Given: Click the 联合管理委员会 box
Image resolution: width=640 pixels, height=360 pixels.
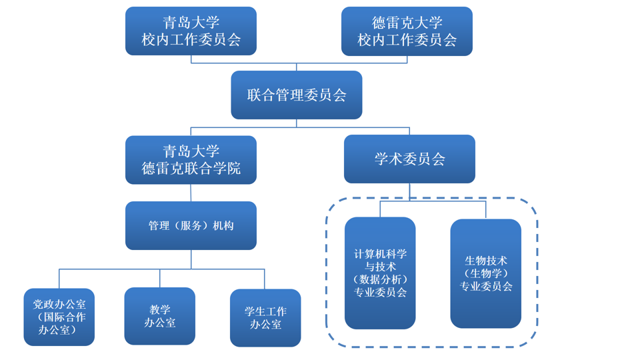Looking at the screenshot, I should click(297, 95).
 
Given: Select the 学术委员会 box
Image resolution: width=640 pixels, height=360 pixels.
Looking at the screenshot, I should click(409, 159).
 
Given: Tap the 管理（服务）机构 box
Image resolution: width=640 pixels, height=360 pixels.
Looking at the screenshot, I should click(191, 225).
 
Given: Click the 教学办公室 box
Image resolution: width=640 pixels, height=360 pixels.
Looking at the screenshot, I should click(160, 316).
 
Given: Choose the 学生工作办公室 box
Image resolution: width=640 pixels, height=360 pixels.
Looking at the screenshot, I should click(265, 318).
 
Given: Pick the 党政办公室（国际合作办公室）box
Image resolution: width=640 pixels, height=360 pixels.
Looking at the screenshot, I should click(59, 317).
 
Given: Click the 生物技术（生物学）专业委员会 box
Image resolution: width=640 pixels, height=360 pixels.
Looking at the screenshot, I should click(485, 273).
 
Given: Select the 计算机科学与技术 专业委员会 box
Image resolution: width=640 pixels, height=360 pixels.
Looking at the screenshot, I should click(380, 273).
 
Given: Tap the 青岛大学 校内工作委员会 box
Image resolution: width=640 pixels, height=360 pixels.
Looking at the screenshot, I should click(191, 31).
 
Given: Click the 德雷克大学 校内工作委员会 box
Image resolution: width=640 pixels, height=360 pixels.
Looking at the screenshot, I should click(407, 31).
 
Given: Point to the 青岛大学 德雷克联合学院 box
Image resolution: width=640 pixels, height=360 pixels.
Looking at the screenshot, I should click(191, 160).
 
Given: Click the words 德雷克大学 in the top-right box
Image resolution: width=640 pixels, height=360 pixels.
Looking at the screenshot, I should click(407, 23).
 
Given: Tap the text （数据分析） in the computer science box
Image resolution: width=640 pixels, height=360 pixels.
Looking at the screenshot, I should click(380, 279).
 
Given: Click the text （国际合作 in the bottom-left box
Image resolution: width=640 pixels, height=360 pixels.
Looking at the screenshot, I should click(59, 317).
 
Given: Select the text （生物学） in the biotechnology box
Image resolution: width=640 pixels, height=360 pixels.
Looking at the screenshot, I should click(485, 273).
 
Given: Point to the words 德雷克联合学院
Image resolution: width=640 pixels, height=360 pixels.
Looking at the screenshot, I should click(191, 169).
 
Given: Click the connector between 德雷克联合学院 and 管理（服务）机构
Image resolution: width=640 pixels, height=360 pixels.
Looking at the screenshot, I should click(191, 193).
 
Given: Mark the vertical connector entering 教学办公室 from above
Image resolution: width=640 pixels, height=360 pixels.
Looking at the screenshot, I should click(160, 278).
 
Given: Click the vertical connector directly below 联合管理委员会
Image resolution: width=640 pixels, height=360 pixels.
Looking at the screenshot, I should click(297, 123).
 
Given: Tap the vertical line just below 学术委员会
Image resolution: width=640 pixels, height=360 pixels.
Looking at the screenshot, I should click(409, 191).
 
